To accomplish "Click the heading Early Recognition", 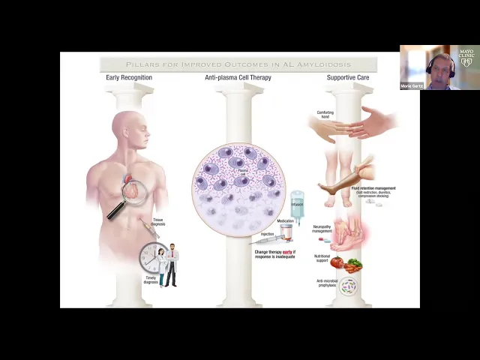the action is (x=130, y=77).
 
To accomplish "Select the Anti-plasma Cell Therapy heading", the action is (x=238, y=77).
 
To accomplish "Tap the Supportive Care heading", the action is (x=349, y=77).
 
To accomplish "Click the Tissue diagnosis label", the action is (x=157, y=223).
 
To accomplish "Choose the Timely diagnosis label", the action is (x=151, y=280).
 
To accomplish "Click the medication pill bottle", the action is (x=286, y=233).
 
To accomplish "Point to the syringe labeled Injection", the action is (x=266, y=239).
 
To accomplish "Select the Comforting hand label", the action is (x=325, y=113).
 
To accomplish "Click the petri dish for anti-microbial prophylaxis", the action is (x=348, y=286).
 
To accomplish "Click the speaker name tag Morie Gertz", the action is (x=412, y=86).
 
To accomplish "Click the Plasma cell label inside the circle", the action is (x=241, y=172).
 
